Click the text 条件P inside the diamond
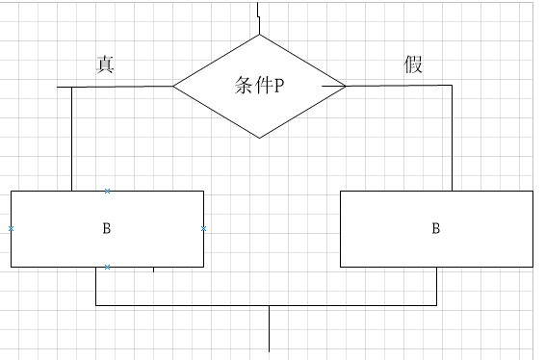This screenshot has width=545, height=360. (x=258, y=86)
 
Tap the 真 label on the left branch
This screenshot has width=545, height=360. (x=107, y=64)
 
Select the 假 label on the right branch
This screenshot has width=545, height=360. (x=414, y=64)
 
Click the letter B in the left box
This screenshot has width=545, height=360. (x=106, y=228)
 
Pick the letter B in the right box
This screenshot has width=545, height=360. (x=435, y=228)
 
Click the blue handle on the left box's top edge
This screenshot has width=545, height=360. (x=107, y=191)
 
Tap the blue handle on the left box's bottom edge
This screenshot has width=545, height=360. (x=107, y=267)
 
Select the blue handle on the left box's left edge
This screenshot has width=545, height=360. (x=11, y=228)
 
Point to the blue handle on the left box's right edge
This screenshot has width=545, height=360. (x=204, y=228)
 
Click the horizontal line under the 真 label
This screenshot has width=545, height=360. (x=116, y=87)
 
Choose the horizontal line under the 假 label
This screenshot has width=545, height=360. (x=404, y=85)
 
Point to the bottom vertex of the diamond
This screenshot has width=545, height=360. (x=259, y=138)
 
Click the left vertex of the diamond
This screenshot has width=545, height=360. (x=173, y=86)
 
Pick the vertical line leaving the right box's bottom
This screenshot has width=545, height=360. (x=436, y=286)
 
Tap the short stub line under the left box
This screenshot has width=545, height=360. (x=154, y=270)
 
